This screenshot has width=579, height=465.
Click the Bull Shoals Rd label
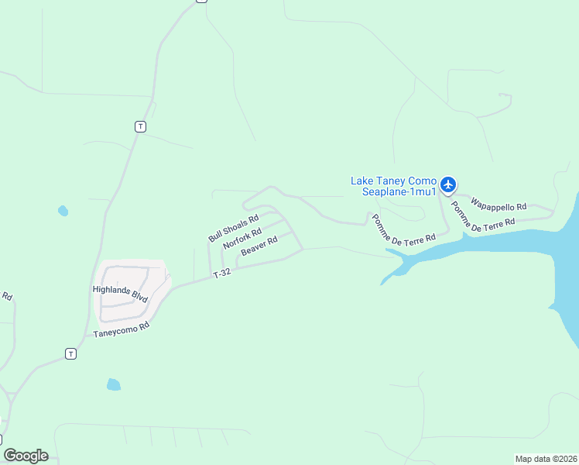[233, 229]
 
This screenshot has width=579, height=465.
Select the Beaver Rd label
[259, 246]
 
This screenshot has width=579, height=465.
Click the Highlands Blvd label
[119, 294]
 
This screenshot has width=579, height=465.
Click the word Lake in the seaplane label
[362, 181]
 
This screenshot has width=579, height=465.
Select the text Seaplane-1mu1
[400, 192]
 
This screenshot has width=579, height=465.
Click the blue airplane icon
[449, 184]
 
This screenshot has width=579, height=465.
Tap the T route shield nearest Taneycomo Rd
[71, 353]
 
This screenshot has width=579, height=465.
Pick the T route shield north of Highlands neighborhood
[139, 126]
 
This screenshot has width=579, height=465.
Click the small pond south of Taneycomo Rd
[114, 384]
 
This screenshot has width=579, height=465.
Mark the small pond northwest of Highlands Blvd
[63, 211]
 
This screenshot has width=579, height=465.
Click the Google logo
[26, 456]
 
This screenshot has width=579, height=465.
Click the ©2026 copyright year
[565, 459]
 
